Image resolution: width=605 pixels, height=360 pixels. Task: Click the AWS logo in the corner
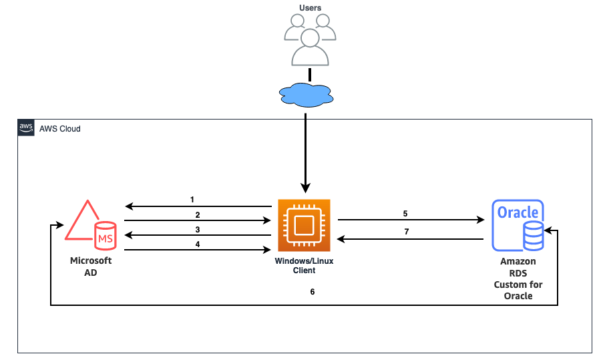pos(26,128)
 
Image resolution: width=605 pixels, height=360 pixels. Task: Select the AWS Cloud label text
pos(60,128)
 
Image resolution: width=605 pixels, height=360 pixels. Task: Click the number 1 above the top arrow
pos(192,199)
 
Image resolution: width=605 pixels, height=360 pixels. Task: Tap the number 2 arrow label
pos(198,214)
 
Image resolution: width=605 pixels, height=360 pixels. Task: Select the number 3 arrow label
pos(198,229)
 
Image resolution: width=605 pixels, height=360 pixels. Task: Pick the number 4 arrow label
pos(198,244)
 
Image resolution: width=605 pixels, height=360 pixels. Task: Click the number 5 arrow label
pos(405,214)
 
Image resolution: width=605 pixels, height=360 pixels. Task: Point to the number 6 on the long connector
pos(313,292)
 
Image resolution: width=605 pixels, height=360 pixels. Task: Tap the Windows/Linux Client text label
pos(304,266)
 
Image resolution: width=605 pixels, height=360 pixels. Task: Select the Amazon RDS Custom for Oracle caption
pos(518,279)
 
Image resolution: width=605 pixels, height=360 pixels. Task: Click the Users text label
pos(310,8)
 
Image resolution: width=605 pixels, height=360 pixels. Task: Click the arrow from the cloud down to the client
pos(306,154)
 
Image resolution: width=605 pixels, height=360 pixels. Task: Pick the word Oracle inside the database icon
pos(518,212)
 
